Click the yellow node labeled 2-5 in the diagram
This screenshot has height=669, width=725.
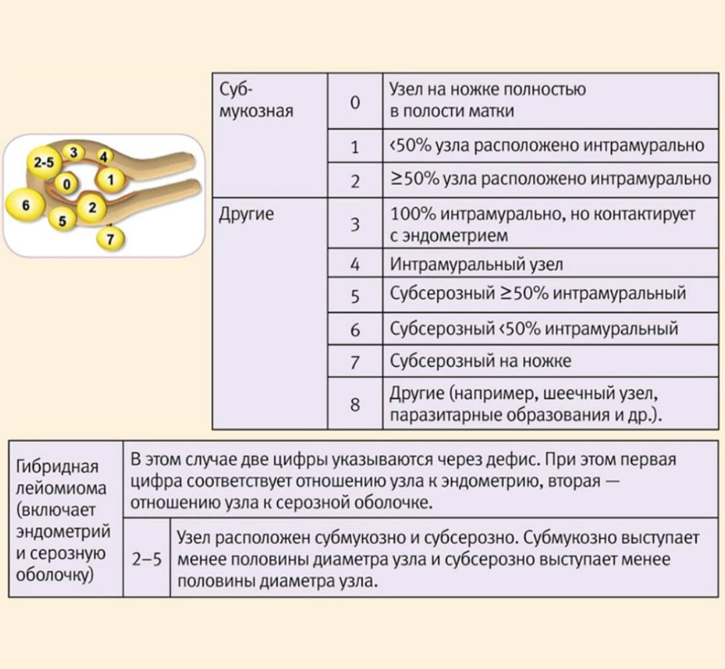46,161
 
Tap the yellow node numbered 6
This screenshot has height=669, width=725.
25,205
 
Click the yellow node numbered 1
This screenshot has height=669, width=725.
111,179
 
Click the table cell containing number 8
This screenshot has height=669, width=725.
355,404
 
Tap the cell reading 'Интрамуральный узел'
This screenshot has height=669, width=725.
476,265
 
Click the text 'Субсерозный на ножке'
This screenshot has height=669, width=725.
480,361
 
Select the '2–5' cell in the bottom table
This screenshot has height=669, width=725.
147,560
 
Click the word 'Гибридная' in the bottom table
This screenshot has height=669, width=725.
56,467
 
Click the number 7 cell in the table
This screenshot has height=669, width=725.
355,362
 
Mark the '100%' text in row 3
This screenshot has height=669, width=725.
411,214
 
